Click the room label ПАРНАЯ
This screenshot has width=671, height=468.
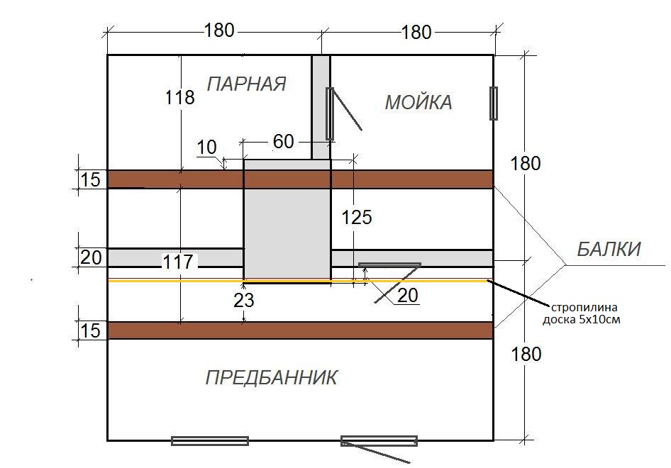246,84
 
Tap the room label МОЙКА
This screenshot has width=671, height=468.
418,103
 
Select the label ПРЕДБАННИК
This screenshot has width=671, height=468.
271,377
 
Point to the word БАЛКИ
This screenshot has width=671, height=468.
608,250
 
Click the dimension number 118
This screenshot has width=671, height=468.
179,97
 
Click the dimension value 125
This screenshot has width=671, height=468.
356,217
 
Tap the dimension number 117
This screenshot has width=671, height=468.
177,263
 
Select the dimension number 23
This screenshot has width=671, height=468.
244,300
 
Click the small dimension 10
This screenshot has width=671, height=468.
206,147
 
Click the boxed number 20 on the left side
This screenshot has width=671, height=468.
91,257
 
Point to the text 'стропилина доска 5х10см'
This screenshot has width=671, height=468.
586,313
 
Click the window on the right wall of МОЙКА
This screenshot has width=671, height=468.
494,104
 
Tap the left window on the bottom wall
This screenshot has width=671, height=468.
210,441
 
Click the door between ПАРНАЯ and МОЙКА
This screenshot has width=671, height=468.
330,113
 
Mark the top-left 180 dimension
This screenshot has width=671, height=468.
218,30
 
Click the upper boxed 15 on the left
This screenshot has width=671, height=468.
91,180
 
